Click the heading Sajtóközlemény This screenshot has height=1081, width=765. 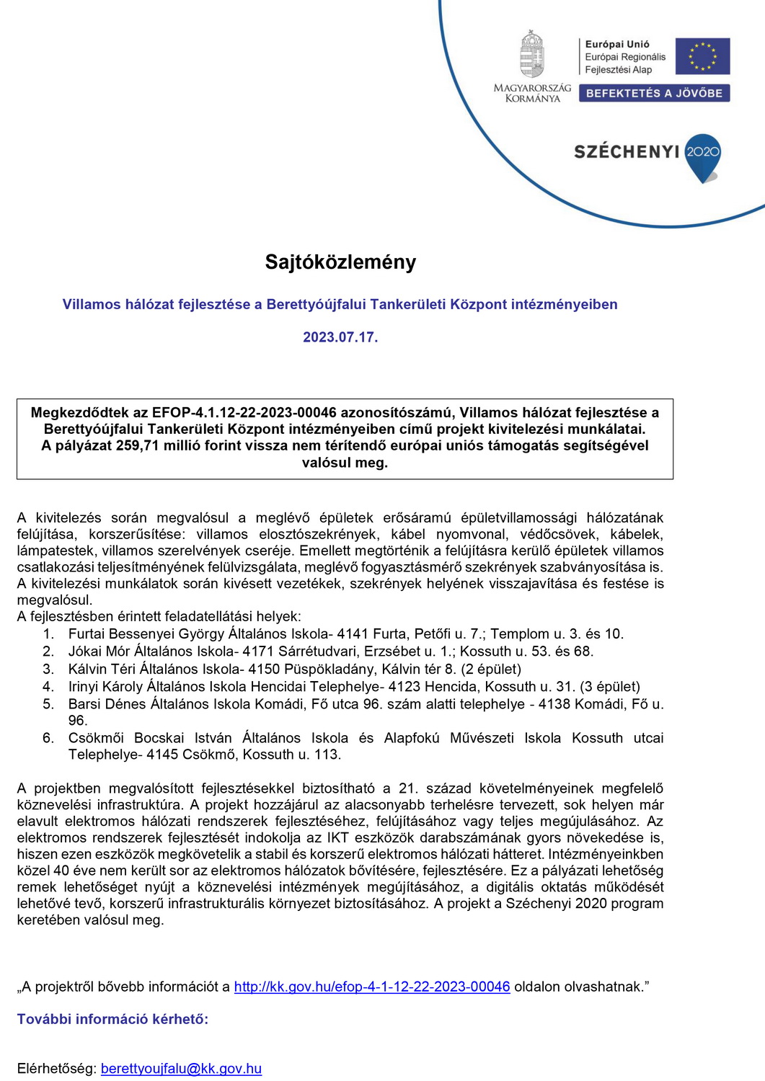pyautogui.click(x=340, y=262)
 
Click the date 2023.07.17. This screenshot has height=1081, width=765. pyautogui.click(x=340, y=337)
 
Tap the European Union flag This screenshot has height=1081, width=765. pyautogui.click(x=702, y=56)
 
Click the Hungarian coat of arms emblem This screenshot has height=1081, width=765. pyautogui.click(x=532, y=54)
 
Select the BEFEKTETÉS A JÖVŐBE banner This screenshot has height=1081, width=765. pyautogui.click(x=654, y=93)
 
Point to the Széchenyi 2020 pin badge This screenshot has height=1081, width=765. pyautogui.click(x=702, y=156)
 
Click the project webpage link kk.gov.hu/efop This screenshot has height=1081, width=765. pyautogui.click(x=372, y=987)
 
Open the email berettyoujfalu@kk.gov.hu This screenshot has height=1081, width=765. pyautogui.click(x=181, y=1069)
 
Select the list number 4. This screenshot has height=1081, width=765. pyautogui.click(x=48, y=687)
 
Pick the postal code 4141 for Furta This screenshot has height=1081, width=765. pyautogui.click(x=353, y=634)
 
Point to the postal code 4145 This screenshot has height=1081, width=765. pyautogui.click(x=163, y=755)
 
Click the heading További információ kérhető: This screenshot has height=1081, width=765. pyautogui.click(x=112, y=1019)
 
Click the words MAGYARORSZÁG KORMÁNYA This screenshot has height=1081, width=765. pyautogui.click(x=532, y=93)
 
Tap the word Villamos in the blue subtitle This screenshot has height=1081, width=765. pyautogui.click(x=91, y=304)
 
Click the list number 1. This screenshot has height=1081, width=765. pyautogui.click(x=48, y=634)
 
